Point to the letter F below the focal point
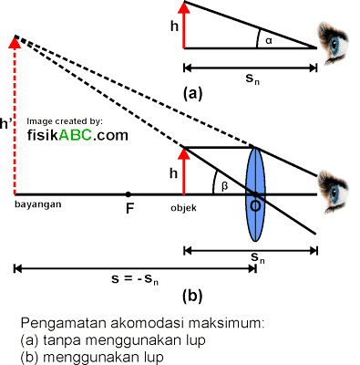[x=129, y=208]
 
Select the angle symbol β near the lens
[x=223, y=185]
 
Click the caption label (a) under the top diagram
[x=191, y=92]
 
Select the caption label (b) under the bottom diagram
[x=191, y=296]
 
